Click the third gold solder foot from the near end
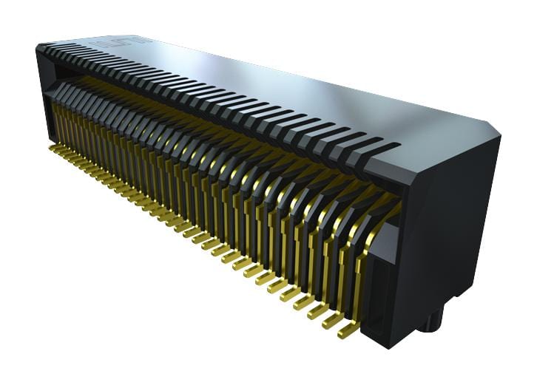pos(317,310)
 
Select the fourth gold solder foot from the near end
pos(302,301)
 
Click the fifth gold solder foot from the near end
pos(288,292)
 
